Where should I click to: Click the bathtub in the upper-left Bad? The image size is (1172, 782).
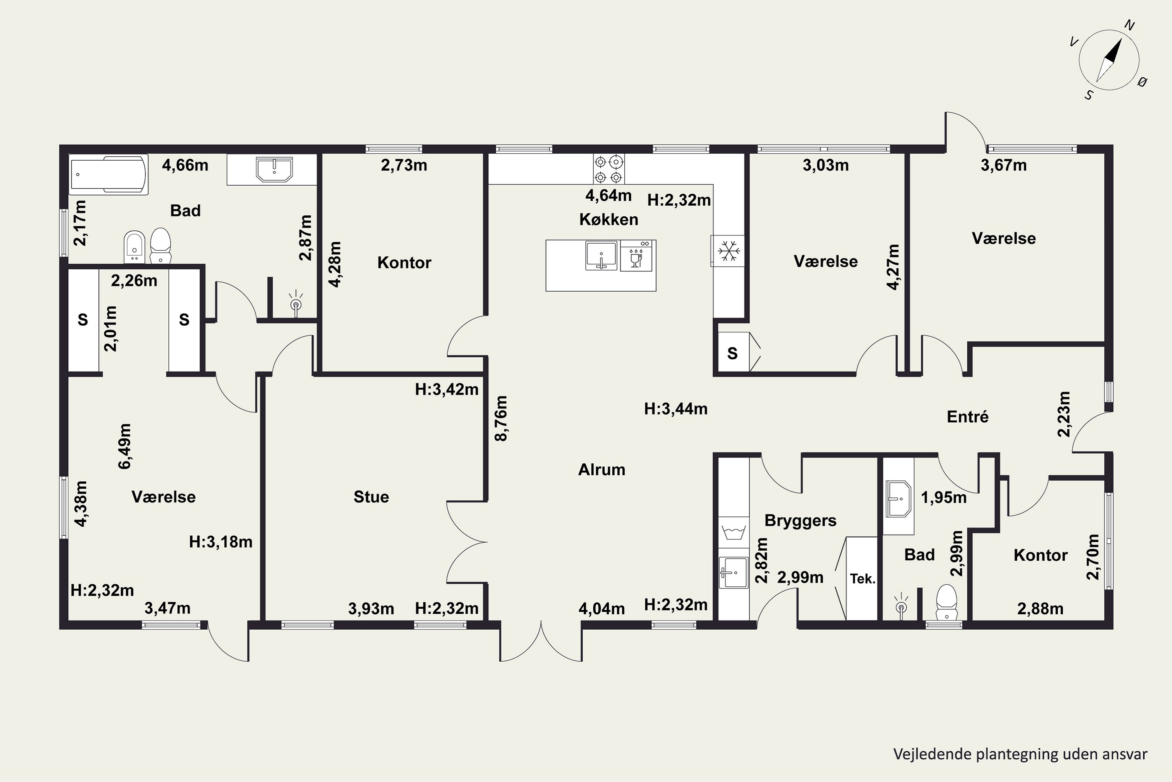(x=109, y=174)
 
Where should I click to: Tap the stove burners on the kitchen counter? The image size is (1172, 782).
(x=608, y=169)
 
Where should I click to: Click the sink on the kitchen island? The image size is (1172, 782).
(x=602, y=256)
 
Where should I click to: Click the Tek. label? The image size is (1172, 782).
(x=862, y=579)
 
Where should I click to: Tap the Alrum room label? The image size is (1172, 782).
(x=602, y=469)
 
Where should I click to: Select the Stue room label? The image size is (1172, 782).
(x=371, y=497)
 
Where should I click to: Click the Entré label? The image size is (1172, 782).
(x=967, y=416)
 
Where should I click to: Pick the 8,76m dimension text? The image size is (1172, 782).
(x=501, y=418)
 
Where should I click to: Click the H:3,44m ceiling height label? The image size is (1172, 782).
(x=676, y=409)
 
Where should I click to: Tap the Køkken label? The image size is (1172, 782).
(x=608, y=219)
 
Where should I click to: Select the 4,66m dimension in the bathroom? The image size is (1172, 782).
(x=185, y=165)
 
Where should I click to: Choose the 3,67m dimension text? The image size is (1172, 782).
(x=1004, y=165)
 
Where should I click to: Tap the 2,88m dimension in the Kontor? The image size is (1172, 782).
(x=1040, y=608)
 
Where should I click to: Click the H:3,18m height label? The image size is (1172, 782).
(x=221, y=542)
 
